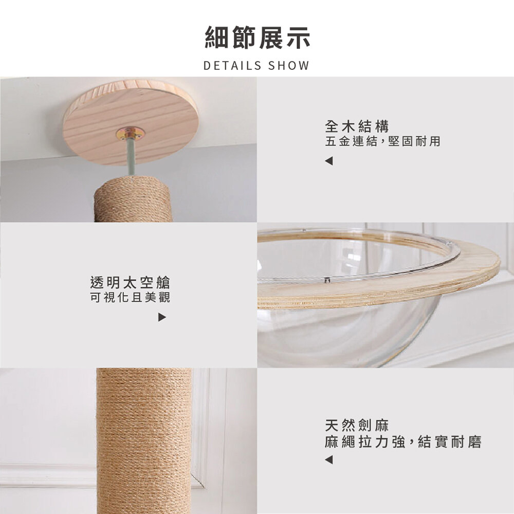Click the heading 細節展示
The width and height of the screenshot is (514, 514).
pos(258,38)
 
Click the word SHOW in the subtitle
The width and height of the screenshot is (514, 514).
pos(289,66)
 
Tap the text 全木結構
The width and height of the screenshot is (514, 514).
pos(357,126)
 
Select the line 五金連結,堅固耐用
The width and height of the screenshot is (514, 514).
pos(382,141)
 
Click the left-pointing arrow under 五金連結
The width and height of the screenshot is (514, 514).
pos(329,161)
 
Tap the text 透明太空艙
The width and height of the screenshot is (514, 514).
pos(130,283)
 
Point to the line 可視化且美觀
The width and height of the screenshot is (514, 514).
pos(130,297)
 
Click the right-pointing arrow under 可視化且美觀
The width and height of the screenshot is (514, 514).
pos(162,317)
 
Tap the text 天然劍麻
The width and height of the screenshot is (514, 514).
pos(357,426)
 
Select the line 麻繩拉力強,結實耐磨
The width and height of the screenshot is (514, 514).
pos(403,442)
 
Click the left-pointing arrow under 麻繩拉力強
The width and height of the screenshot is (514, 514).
pos(329,460)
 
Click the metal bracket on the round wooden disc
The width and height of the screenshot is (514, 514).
pos(130,134)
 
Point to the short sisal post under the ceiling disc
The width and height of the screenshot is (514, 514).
pos(133,199)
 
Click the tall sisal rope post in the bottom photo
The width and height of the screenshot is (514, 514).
pos(144,441)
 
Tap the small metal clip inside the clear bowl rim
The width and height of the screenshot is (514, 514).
pos(326,280)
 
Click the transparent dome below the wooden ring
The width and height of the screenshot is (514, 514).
pos(344,338)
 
